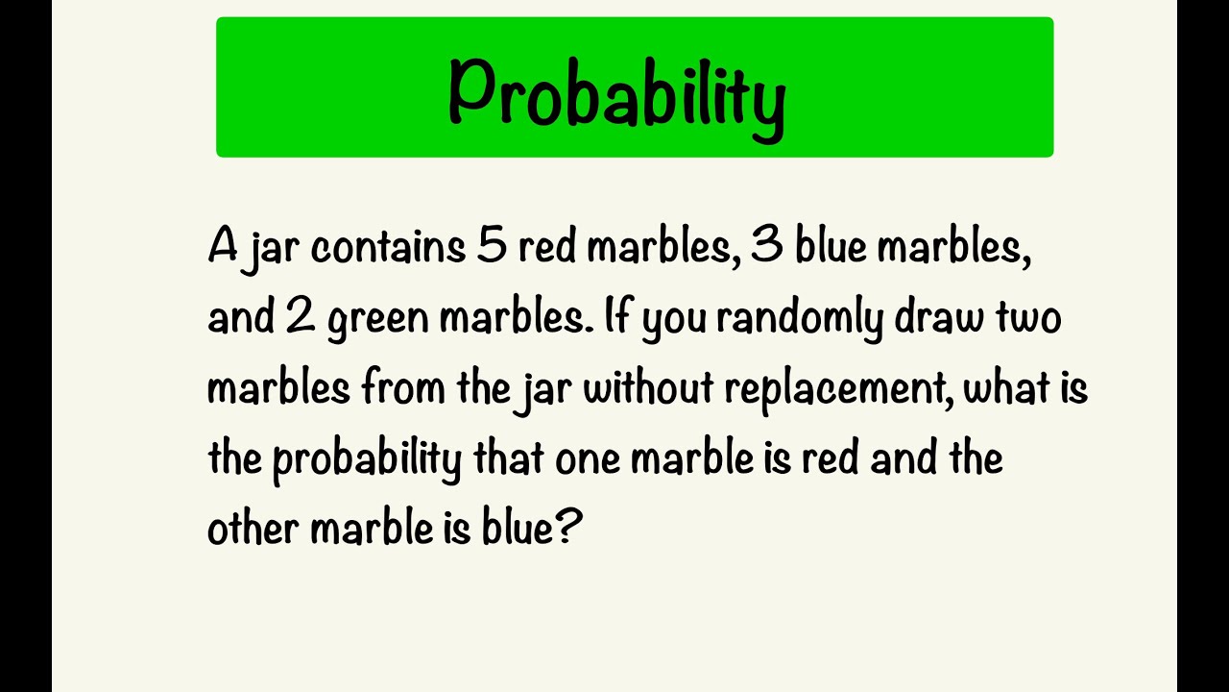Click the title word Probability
pos(616,93)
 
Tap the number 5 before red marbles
pos(491,248)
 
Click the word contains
pos(388,248)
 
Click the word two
pos(1026,318)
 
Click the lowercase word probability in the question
pos(367,460)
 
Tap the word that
pos(510,458)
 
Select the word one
pos(588,460)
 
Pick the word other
pos(253,529)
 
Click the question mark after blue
pos(569,529)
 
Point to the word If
pos(619,318)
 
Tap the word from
pos(396,388)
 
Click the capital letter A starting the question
pos(222,248)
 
